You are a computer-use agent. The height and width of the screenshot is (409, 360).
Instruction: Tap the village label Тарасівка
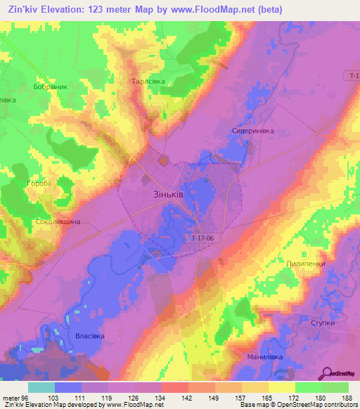pyautogui.click(x=148, y=82)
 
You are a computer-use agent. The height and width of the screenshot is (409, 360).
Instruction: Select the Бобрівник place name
pyautogui.click(x=50, y=87)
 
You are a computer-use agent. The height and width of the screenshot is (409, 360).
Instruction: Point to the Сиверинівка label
pyautogui.click(x=252, y=131)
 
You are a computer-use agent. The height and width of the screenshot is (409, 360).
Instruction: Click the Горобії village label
pyautogui.click(x=39, y=183)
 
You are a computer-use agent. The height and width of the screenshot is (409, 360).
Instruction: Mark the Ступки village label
pyautogui.click(x=323, y=323)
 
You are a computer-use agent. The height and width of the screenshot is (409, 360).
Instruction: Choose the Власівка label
pyautogui.click(x=89, y=336)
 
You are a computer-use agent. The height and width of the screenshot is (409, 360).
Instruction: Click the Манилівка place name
pyautogui.click(x=264, y=357)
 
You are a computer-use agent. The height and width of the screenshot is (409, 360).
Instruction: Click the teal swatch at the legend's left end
pyautogui.click(x=41, y=387)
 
